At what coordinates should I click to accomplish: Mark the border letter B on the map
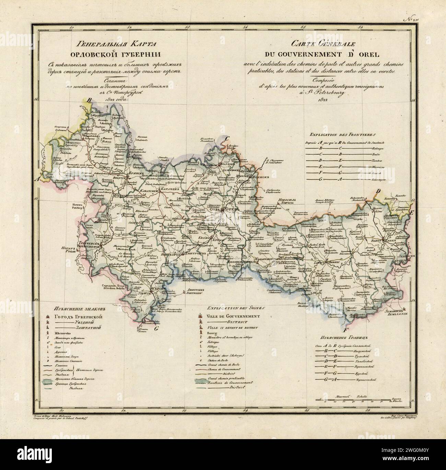pos(90,100)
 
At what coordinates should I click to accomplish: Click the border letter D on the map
pos(379,191)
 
